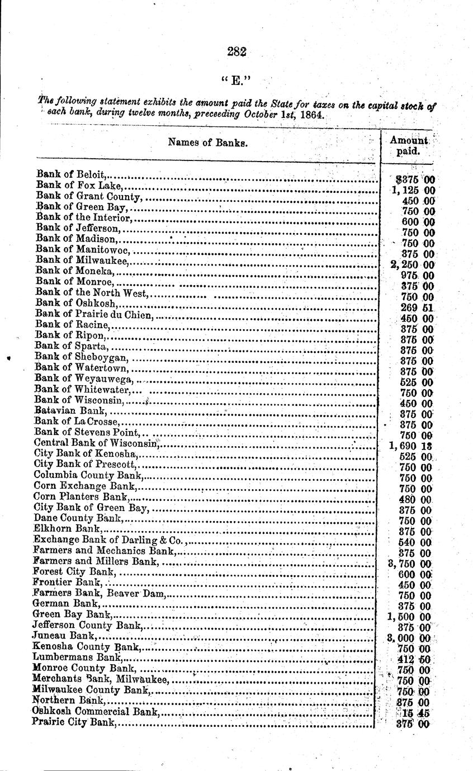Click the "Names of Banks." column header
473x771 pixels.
coord(207,143)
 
